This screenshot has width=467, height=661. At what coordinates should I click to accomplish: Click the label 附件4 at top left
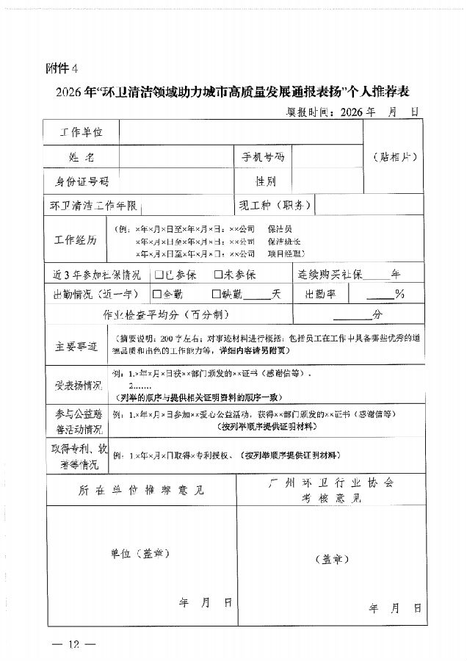tap(61, 68)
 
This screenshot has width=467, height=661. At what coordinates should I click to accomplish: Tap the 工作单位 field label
tap(81, 133)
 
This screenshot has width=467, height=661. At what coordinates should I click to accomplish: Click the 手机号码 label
tap(262, 157)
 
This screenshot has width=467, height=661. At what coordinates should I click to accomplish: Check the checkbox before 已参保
tap(158, 275)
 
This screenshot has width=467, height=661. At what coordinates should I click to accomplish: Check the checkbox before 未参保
tap(218, 275)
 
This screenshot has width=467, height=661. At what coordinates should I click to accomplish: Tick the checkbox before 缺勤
tap(217, 294)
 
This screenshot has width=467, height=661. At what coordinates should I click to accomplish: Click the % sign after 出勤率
tap(399, 294)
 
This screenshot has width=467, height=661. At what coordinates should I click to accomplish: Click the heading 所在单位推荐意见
tap(140, 490)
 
